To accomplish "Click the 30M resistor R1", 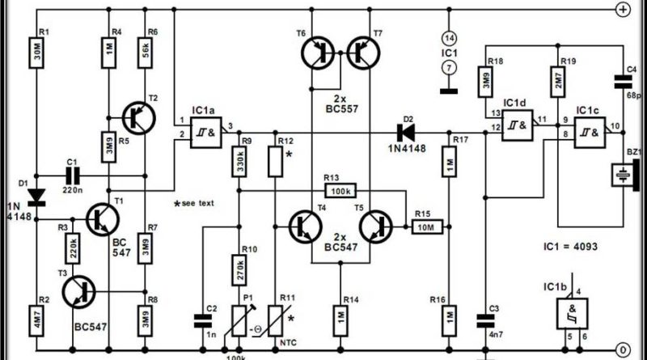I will click(38, 55).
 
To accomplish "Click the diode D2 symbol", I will click(399, 129).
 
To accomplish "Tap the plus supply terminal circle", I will click(623, 10).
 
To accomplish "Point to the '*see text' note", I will click(194, 202).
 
